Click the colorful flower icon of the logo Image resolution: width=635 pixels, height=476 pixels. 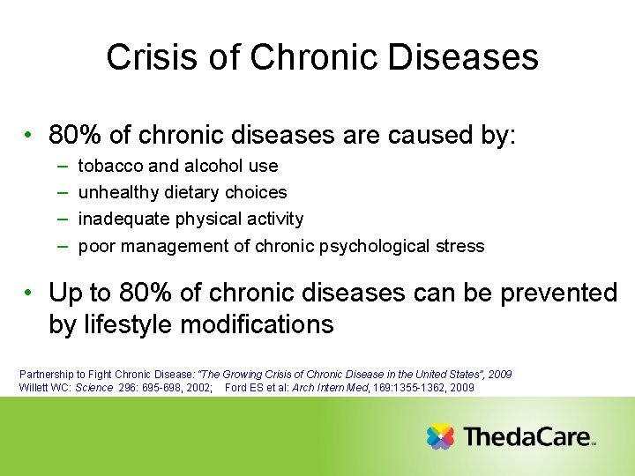[440, 436]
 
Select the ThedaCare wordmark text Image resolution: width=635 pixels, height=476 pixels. [526, 437]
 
